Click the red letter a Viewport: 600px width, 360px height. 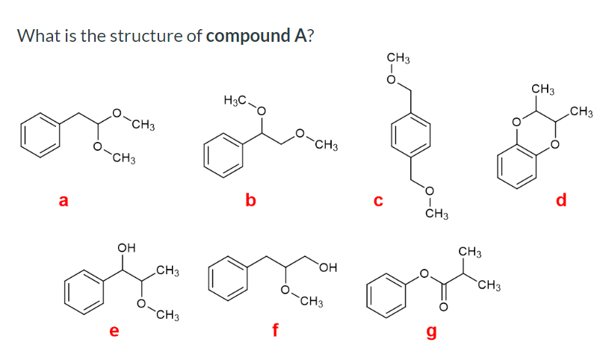click(x=64, y=199)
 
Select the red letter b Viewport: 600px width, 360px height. click(x=251, y=199)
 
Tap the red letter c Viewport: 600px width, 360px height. click(x=378, y=199)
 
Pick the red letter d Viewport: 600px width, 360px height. click(x=562, y=199)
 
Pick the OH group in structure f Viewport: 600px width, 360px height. click(x=329, y=267)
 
